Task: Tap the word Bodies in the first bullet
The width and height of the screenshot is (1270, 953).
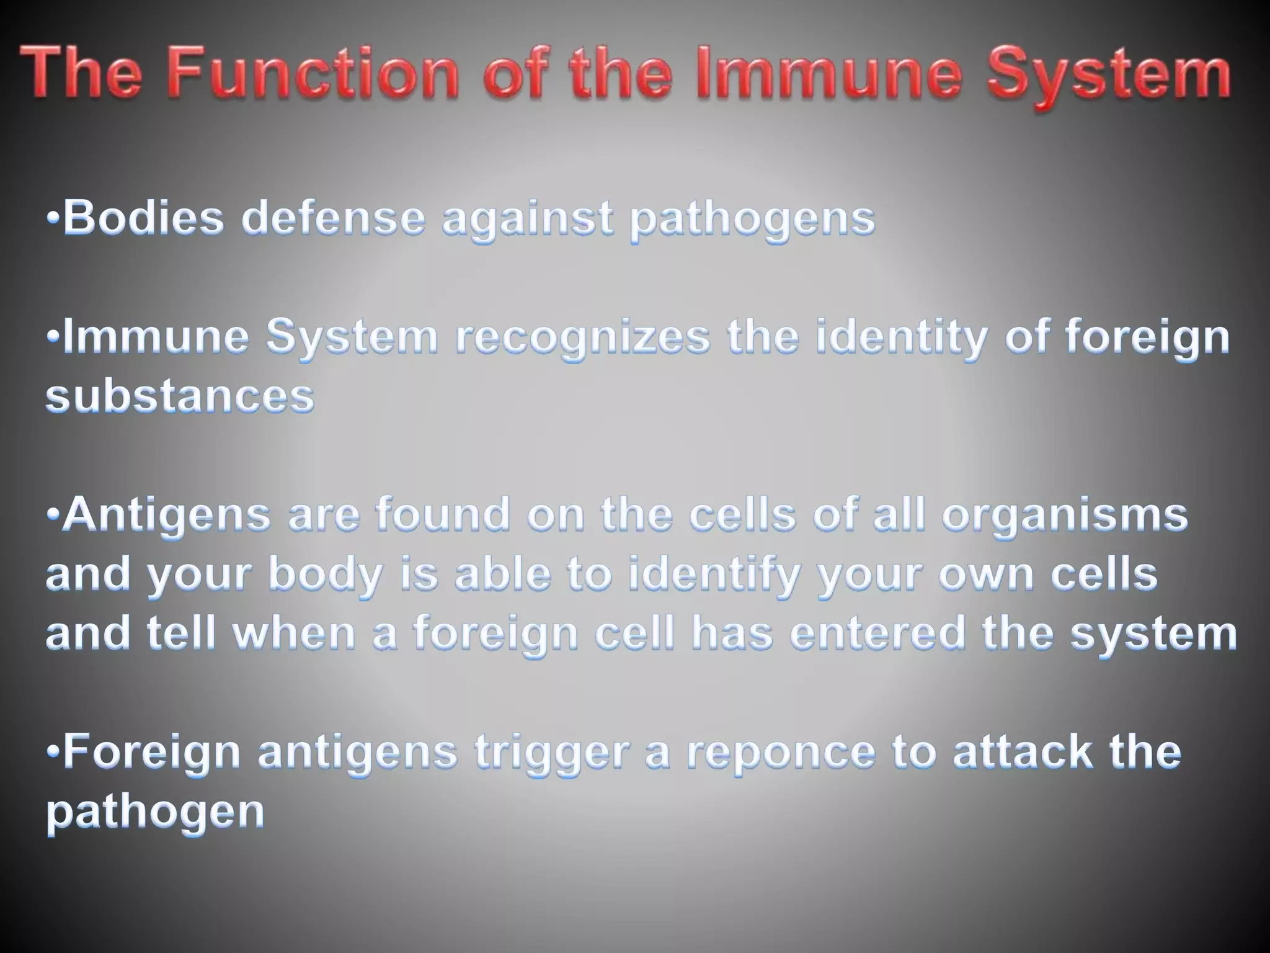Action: point(143,218)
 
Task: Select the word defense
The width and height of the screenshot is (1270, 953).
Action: point(334,218)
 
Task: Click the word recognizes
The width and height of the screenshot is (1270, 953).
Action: point(583,338)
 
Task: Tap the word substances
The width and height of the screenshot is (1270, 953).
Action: point(180,396)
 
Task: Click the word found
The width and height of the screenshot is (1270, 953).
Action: point(443,516)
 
